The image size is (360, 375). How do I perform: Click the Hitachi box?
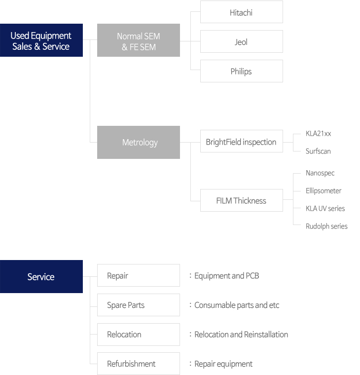click(x=242, y=12)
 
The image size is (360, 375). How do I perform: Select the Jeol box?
click(x=242, y=41)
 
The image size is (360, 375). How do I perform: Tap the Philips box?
click(x=242, y=71)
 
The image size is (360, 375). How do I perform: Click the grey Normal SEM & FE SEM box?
click(x=139, y=40)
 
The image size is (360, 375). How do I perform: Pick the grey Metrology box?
click(x=139, y=142)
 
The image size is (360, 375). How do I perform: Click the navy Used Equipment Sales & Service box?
click(x=41, y=40)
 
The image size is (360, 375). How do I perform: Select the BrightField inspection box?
click(x=242, y=141)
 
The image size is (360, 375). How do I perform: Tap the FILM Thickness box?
click(x=242, y=200)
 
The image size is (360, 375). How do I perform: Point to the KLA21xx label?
click(x=318, y=133)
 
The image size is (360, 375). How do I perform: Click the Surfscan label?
click(x=318, y=151)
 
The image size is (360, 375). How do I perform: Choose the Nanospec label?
click(x=320, y=173)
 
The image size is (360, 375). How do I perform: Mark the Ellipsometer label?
click(x=324, y=191)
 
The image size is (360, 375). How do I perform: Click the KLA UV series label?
click(x=325, y=209)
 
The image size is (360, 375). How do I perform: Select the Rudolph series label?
click(x=326, y=226)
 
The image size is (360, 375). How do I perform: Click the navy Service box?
click(x=41, y=276)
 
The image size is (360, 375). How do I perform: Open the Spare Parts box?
click(x=139, y=305)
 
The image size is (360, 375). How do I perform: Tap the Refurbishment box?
click(x=139, y=364)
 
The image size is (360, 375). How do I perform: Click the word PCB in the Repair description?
click(x=252, y=276)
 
